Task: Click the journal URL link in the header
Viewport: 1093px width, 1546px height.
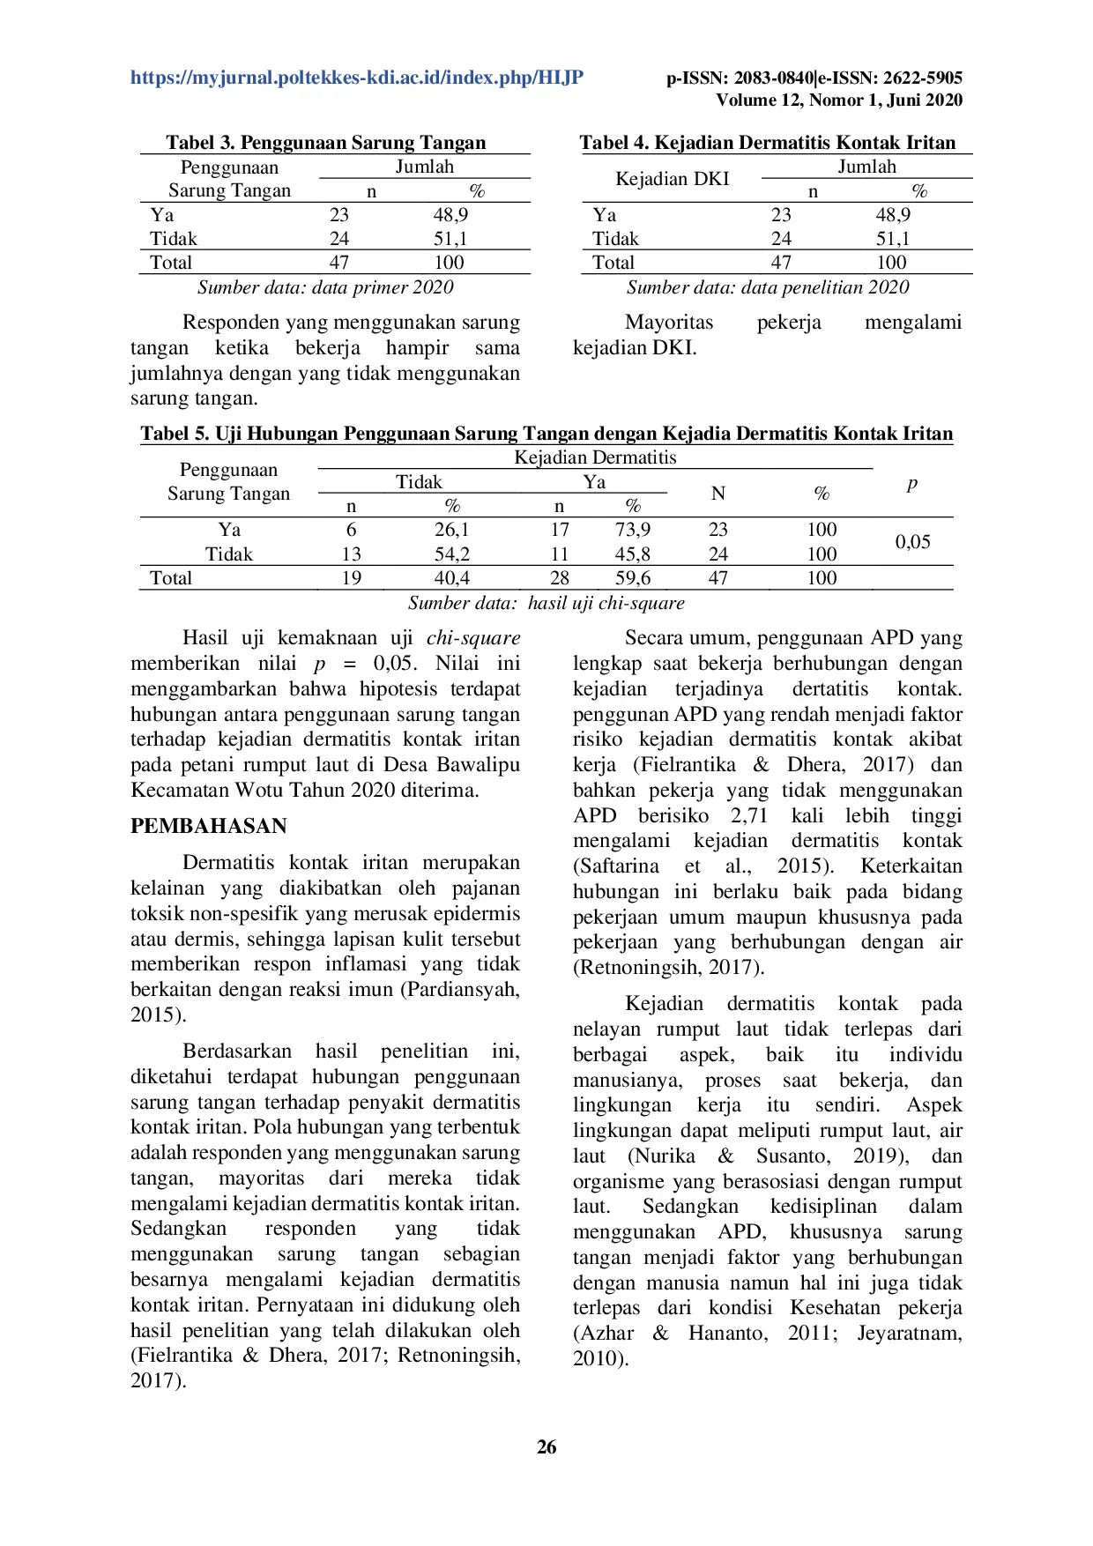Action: pos(357,78)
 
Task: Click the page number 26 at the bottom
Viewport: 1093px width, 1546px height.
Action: pos(546,1446)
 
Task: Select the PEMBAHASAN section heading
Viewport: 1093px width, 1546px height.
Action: pos(209,826)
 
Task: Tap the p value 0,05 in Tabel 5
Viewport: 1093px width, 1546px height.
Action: pos(912,541)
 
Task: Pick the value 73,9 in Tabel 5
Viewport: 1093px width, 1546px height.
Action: pos(632,530)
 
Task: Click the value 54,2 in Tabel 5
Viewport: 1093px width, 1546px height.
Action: pos(451,554)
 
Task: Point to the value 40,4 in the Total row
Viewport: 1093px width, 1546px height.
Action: pos(451,578)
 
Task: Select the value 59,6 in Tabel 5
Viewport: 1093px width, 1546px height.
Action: pos(632,578)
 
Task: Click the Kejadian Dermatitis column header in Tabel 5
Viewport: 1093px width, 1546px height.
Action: pos(595,457)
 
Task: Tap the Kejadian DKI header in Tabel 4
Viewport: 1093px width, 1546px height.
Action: pos(672,179)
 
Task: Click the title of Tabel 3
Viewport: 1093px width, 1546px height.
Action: pos(325,143)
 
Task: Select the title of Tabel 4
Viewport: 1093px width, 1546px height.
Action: pos(767,143)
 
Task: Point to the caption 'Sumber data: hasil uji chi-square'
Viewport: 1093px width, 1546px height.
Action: pos(546,603)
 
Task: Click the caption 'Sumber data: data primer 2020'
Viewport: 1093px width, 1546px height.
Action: pos(325,287)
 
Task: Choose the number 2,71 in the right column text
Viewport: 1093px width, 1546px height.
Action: pos(748,815)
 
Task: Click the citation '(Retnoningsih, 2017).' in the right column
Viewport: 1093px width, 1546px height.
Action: pos(668,967)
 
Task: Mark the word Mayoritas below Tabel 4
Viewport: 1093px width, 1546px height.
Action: pos(669,323)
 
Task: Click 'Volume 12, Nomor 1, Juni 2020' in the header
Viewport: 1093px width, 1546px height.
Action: pos(838,100)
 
